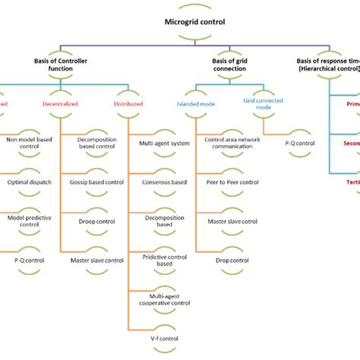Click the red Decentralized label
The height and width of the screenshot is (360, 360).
click(69, 103)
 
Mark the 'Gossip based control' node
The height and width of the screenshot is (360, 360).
click(101, 182)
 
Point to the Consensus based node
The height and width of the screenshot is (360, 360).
click(159, 182)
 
